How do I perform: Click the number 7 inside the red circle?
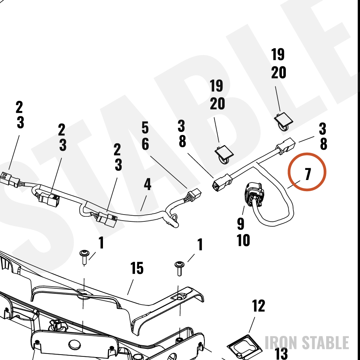[x=308, y=174]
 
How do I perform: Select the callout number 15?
[x=137, y=268]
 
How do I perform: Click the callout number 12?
[x=258, y=306]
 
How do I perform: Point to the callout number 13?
[x=281, y=354]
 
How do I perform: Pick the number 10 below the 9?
[x=243, y=240]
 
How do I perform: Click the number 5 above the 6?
[x=145, y=128]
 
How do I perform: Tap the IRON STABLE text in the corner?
[x=307, y=343]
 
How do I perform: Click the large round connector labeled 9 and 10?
[x=254, y=194]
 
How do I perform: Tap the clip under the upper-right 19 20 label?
[x=284, y=121]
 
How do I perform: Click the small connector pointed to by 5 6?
[x=194, y=195]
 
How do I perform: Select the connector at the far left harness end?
[x=9, y=179]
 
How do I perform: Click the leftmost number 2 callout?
[x=19, y=107]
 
